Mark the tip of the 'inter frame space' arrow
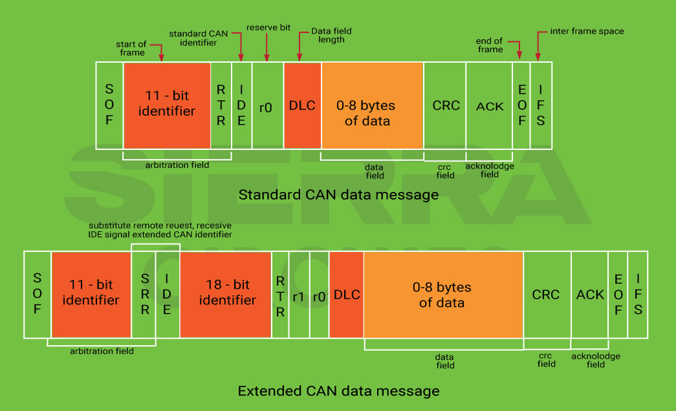click(538, 61)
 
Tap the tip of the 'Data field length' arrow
click(300, 61)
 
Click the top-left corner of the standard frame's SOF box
click(96, 63)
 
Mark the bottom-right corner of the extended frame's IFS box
click(648, 338)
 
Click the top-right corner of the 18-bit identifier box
click(271, 252)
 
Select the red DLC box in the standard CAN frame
click(303, 105)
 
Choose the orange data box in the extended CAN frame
click(444, 295)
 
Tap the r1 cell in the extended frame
click(299, 295)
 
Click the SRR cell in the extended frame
click(144, 295)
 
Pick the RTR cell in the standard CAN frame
click(221, 105)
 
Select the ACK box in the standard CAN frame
click(489, 105)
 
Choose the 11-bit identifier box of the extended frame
click(91, 295)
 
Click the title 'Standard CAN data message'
click(338, 195)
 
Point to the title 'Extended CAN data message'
click(338, 391)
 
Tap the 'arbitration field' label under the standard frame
click(177, 165)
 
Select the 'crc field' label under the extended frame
click(546, 360)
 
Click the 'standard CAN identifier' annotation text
click(199, 38)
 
